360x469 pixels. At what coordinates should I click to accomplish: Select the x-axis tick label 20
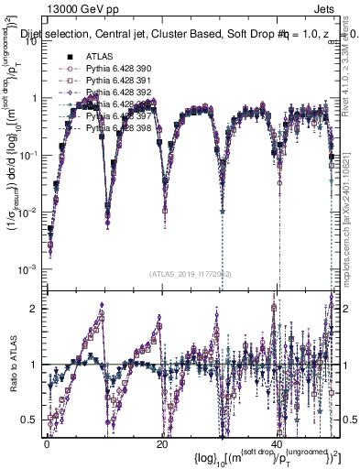[x=162, y=443]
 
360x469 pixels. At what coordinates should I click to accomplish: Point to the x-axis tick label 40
[x=276, y=443]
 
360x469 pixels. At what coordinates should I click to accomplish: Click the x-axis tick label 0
[x=47, y=443]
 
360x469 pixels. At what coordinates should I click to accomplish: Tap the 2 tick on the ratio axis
[x=35, y=308]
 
